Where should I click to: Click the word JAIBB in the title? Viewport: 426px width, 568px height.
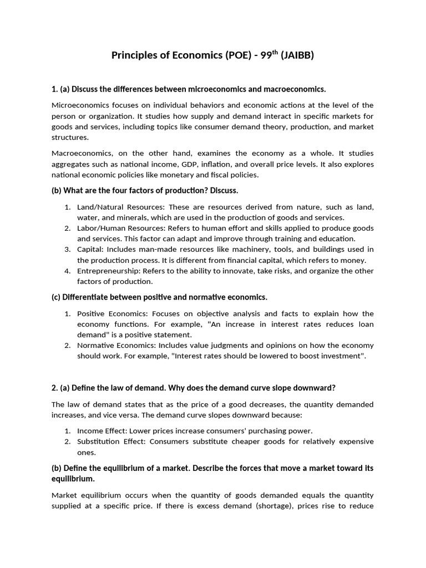point(297,55)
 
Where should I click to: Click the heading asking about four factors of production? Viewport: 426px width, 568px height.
point(145,190)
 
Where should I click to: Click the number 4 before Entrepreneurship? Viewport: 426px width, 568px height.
point(67,271)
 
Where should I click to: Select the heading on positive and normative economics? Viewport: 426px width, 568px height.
point(160,297)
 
